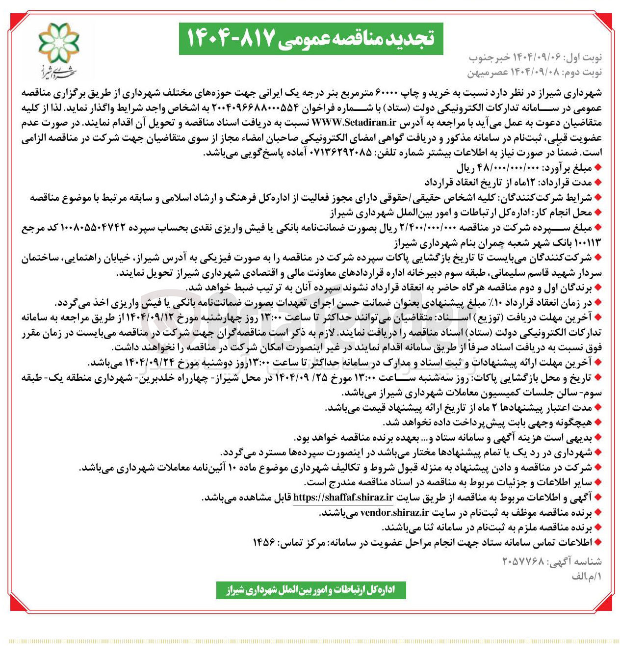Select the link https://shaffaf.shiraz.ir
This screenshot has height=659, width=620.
click(343, 498)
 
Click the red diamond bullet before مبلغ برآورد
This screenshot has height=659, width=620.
click(597, 168)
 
